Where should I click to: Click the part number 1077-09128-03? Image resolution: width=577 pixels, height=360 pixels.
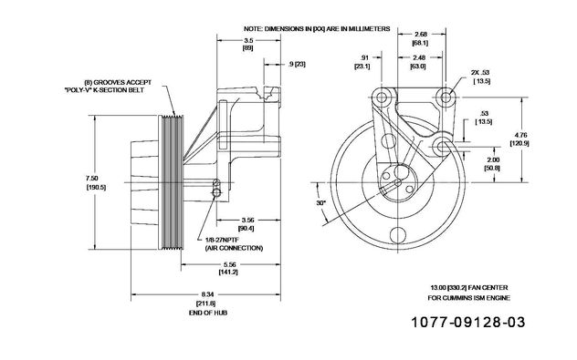pyautogui.click(x=467, y=322)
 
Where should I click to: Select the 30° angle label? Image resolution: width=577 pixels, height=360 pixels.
pyautogui.click(x=321, y=202)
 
